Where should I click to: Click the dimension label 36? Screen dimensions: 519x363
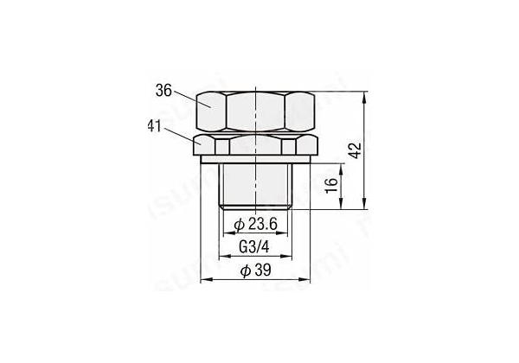(163, 91)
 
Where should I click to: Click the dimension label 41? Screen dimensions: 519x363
(154, 126)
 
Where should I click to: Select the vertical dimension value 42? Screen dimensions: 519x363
(356, 150)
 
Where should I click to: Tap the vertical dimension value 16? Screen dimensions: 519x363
(331, 186)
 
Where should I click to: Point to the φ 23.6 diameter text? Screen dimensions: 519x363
(255, 225)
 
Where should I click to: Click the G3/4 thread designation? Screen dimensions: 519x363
(254, 247)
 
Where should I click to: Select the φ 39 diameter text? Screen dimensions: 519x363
(256, 271)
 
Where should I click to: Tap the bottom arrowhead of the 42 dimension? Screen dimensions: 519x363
(364, 204)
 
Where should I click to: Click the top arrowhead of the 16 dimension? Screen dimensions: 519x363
(342, 168)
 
